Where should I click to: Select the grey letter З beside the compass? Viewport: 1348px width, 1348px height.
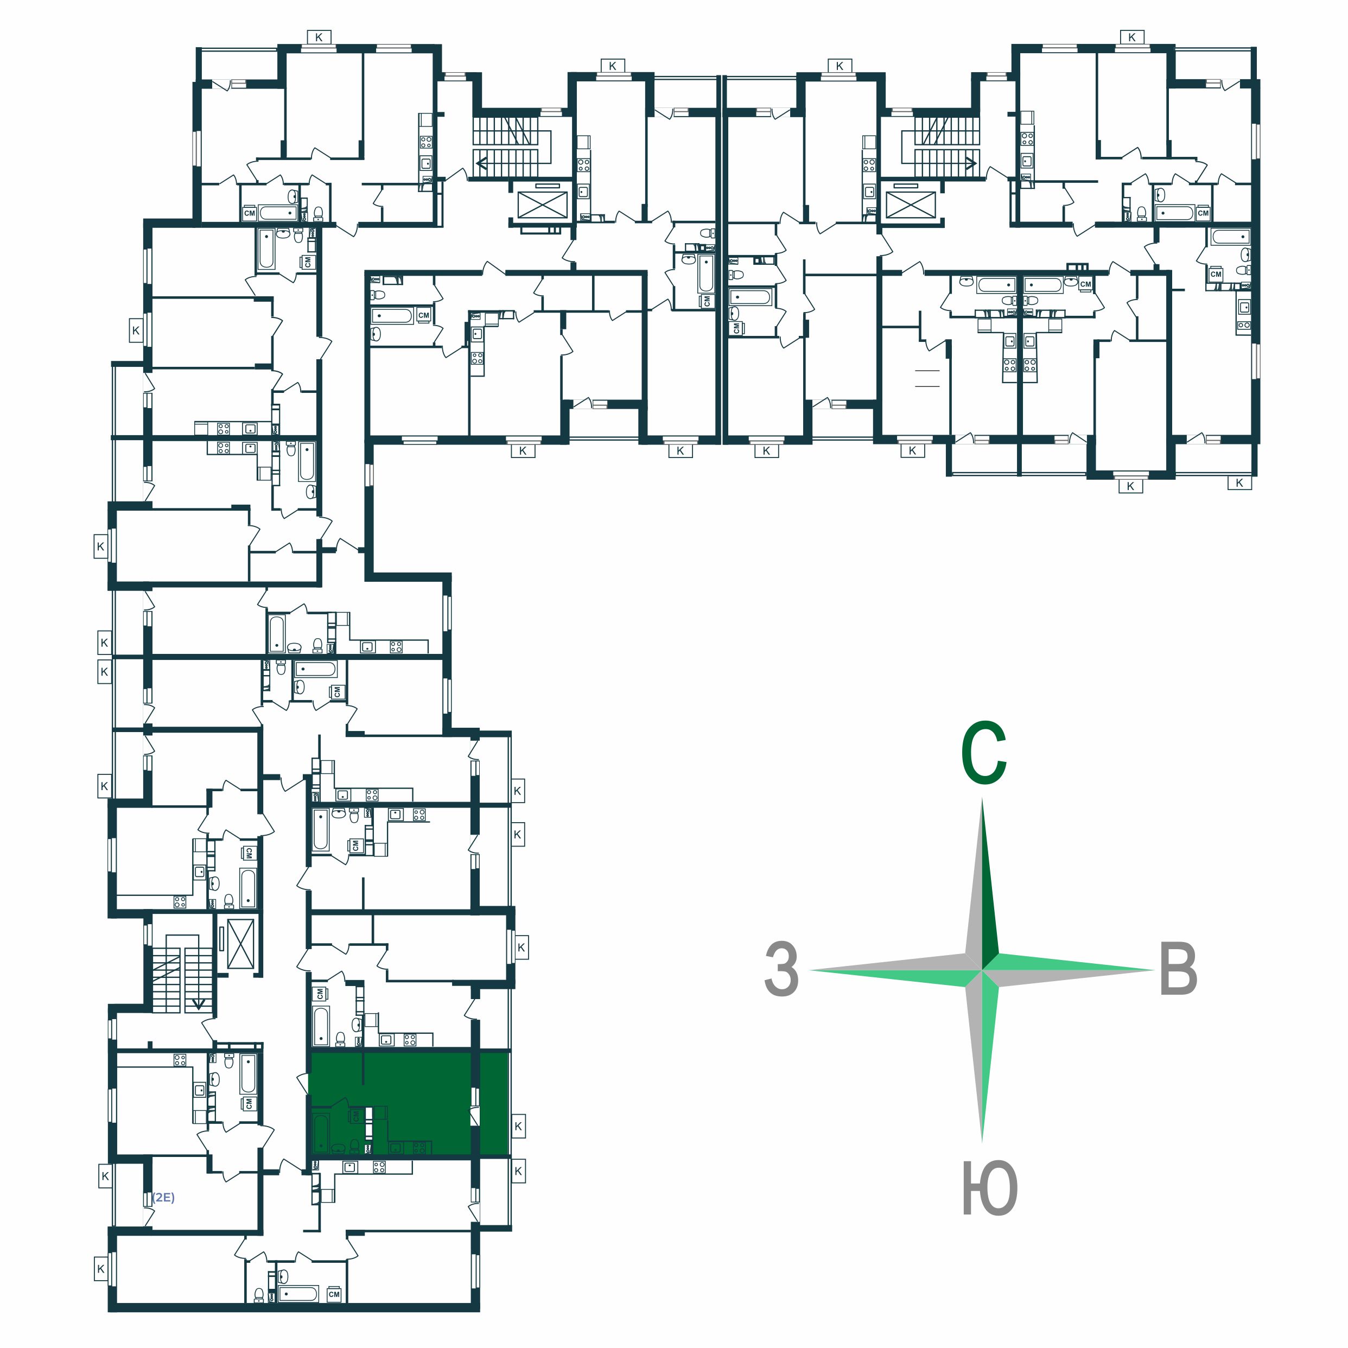781,969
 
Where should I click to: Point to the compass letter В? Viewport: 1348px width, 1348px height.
1179,969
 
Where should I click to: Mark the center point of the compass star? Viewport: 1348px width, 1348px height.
982,970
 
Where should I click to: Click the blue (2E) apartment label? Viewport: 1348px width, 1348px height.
163,1197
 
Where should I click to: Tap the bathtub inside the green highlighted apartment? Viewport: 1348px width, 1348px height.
320,1133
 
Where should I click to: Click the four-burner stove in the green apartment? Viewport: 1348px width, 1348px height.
420,1148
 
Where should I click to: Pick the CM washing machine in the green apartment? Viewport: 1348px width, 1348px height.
357,1116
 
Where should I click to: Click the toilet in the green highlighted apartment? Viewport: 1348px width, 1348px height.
355,1147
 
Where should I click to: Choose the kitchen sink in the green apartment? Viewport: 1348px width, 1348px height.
396,1148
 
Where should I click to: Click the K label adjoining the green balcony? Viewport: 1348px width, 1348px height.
518,1126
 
